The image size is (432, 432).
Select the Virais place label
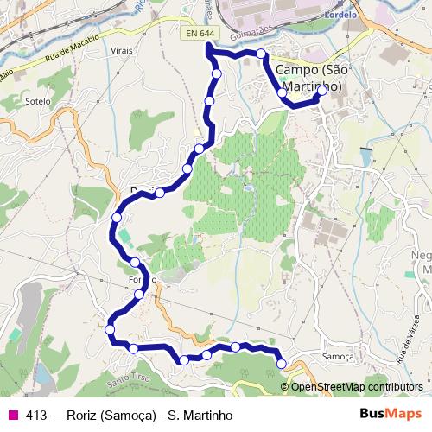tap(121, 51)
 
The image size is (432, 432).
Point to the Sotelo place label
tap(39, 101)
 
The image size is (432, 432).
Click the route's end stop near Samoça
tap(281, 364)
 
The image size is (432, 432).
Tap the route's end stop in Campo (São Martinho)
tap(322, 89)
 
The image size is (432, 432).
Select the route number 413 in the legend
tap(36, 415)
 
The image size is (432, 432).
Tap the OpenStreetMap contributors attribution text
tap(357, 386)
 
